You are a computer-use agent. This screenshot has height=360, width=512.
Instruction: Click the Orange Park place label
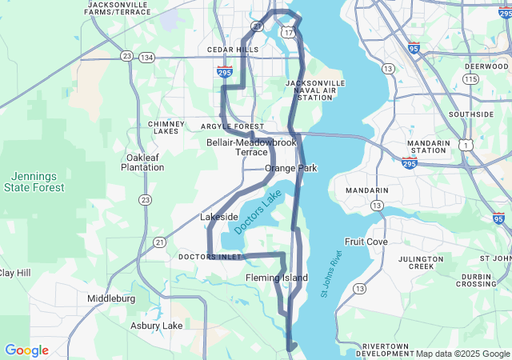(x=291, y=168)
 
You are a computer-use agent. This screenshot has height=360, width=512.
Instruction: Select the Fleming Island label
(x=276, y=278)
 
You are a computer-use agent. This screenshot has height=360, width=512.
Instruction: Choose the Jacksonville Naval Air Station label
(x=316, y=90)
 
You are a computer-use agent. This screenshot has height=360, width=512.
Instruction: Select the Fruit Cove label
(x=366, y=242)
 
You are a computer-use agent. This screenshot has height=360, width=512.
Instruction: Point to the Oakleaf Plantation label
(x=143, y=162)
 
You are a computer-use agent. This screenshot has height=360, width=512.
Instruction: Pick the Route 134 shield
(x=146, y=57)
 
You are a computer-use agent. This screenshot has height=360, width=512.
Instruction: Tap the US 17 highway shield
(x=288, y=31)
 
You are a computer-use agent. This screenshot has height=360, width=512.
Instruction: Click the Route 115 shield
(x=471, y=79)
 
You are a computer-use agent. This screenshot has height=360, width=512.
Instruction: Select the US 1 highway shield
(x=465, y=145)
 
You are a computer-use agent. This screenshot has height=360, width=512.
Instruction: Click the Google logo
(x=26, y=350)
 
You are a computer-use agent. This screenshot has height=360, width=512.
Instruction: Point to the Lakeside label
(x=218, y=217)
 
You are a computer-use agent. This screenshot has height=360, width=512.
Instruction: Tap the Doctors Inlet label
(x=210, y=257)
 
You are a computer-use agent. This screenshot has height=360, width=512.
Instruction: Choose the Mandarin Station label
(x=428, y=146)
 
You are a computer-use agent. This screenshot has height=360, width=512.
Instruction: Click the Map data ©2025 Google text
(x=462, y=354)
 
